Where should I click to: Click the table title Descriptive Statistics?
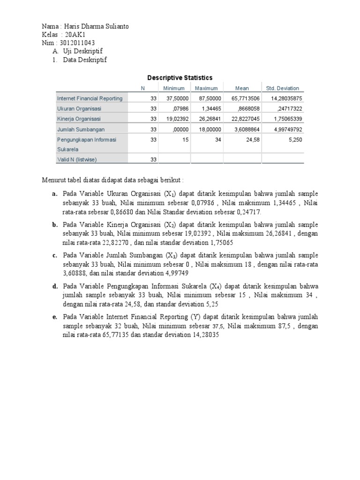point(180,78)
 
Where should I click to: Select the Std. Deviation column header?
point(282,88)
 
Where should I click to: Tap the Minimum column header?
point(174,88)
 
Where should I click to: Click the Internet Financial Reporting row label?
point(90,98)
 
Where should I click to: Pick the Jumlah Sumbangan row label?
point(81,129)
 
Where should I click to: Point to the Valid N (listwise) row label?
point(77,160)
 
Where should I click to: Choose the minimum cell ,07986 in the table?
point(180,109)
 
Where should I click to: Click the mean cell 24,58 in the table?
point(252,140)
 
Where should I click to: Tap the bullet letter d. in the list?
point(55,286)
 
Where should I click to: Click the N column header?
point(143,88)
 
